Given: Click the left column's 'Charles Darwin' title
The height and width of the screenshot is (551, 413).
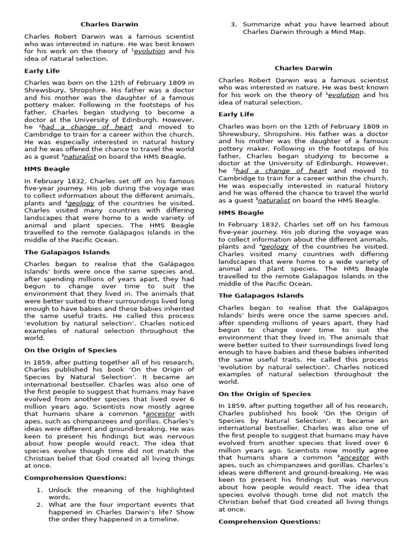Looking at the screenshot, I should [109, 24].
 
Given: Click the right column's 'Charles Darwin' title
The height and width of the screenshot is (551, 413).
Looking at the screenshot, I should [303, 68].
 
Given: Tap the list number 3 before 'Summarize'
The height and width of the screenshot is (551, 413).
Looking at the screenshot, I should [233, 24].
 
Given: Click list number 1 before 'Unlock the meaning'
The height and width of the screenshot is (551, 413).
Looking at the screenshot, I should [39, 490].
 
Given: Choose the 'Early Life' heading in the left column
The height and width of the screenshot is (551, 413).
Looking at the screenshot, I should [42, 71].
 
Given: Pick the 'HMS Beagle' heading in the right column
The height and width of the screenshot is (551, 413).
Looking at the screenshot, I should [241, 213].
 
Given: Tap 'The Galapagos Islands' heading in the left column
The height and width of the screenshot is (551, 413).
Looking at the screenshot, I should [67, 252].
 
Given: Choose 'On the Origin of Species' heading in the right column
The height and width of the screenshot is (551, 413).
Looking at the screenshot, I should [264, 394].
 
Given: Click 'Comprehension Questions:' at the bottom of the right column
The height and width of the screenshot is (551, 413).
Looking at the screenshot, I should [269, 521].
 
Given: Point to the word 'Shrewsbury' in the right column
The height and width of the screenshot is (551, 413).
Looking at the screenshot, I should [237, 134].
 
